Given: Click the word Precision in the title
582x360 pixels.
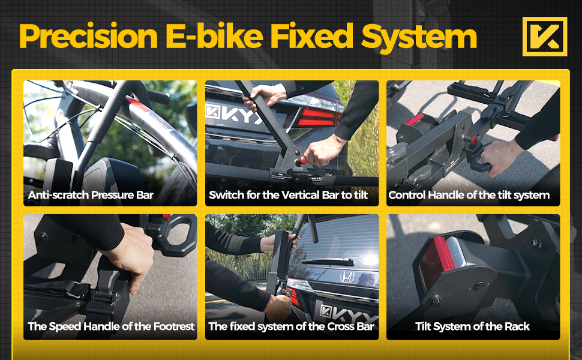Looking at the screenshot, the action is click(89, 37).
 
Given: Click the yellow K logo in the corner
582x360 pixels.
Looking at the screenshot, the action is click(545, 37).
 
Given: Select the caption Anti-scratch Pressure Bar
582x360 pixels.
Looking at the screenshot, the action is click(91, 195).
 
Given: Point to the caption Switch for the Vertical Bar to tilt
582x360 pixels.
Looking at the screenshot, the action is click(288, 195).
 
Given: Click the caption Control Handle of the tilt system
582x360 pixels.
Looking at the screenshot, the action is click(469, 195).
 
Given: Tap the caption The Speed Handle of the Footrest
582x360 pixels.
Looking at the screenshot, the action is click(111, 326).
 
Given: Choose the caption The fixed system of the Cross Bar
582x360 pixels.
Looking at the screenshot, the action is click(291, 326).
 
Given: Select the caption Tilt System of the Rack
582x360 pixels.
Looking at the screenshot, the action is click(472, 326).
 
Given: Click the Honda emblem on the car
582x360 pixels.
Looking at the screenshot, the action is click(347, 277).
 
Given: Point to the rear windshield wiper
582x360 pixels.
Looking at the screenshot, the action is click(328, 262).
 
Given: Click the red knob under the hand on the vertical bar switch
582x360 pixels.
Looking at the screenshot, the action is click(303, 160).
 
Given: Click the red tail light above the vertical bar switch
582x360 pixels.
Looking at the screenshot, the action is click(318, 116).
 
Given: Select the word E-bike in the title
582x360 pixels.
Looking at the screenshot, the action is click(215, 37).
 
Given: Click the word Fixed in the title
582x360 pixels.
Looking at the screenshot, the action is click(312, 37).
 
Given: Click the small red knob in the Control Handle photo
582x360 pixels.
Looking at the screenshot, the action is click(474, 140).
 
